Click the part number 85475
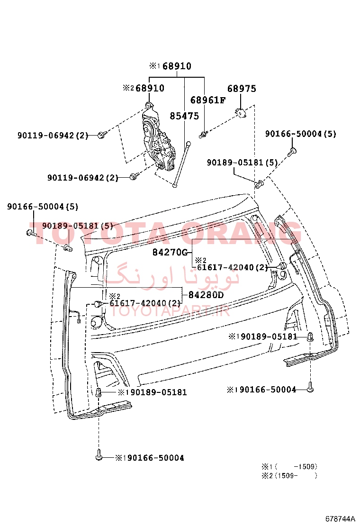click(184, 116)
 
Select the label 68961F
click(208, 100)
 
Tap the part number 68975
click(242, 89)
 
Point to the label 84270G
click(170, 252)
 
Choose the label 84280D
click(206, 295)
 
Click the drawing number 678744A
click(340, 518)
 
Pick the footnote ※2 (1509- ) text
click(289, 475)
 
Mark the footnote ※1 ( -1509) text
click(289, 466)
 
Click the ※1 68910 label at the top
click(170, 66)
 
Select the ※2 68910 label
click(144, 88)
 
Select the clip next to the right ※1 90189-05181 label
click(311, 336)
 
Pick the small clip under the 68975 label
click(241, 113)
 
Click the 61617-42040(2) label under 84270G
click(233, 268)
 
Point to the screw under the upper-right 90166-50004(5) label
click(291, 152)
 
